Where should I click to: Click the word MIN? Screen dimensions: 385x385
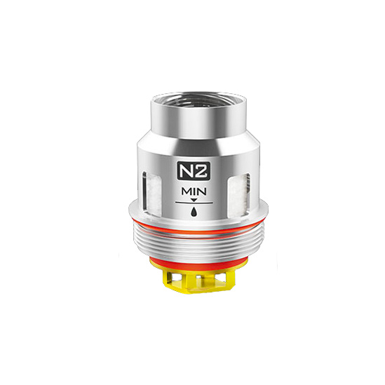tap(194, 191)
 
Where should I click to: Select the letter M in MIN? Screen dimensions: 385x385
tap(186, 191)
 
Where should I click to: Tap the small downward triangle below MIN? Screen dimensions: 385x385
tap(194, 200)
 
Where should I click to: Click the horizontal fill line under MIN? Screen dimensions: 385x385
tap(194, 203)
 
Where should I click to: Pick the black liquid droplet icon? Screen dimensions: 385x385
tap(194, 211)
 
